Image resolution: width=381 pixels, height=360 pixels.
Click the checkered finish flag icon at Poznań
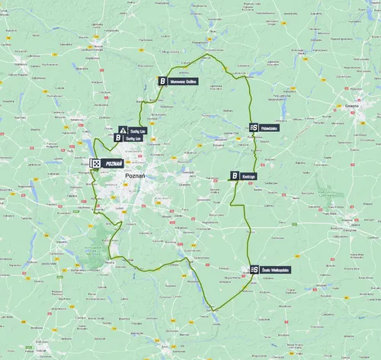pos(96,163)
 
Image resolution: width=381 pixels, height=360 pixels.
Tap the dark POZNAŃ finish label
pos(114,163)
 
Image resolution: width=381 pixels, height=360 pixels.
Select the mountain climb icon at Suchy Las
pos(123,131)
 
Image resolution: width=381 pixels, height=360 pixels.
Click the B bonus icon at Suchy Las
pos(118,139)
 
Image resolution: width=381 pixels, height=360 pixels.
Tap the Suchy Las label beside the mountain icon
pos(137,131)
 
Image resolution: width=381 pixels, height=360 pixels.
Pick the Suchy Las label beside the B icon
pos(133,139)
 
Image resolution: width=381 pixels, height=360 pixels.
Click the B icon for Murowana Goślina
pos(162,80)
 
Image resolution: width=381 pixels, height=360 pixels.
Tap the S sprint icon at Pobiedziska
pos(253,127)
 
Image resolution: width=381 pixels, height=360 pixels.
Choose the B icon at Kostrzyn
pos(235,175)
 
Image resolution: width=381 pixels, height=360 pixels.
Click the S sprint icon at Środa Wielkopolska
pos(253,269)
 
